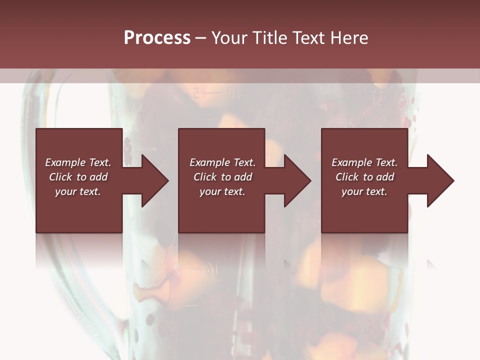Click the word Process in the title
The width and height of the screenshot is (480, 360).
(157, 38)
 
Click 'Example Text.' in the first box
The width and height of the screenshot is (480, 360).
(78, 162)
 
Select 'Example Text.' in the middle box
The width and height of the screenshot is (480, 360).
(222, 162)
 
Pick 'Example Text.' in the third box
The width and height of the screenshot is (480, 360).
(364, 162)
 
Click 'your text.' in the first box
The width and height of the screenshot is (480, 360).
(78, 191)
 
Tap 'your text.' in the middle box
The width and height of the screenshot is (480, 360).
(222, 191)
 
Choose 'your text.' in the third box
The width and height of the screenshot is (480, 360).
(364, 191)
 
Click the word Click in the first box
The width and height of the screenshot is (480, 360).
(60, 177)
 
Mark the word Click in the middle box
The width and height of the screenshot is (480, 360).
(205, 177)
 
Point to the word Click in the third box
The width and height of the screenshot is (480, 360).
(347, 177)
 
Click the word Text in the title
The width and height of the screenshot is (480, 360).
(307, 38)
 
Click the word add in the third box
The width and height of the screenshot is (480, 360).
(385, 177)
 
